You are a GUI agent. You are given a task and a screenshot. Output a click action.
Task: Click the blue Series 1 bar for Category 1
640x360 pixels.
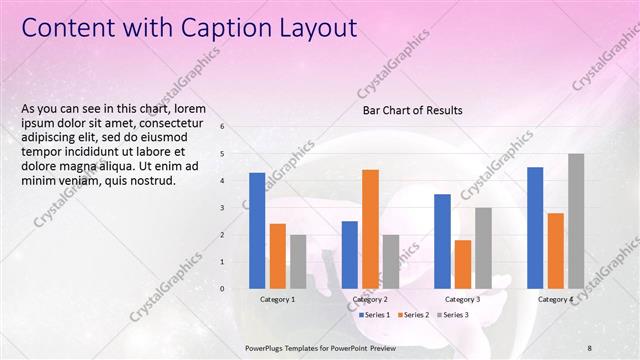pyautogui.click(x=257, y=230)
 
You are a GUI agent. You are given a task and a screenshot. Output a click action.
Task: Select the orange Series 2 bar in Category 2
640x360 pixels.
pyautogui.click(x=370, y=228)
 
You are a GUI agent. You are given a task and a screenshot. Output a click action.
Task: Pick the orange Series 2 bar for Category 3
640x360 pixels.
pyautogui.click(x=463, y=263)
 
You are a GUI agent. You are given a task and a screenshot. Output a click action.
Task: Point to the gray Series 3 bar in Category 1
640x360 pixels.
pyautogui.click(x=298, y=261)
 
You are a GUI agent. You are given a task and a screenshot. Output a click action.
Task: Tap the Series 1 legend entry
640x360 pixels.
pyautogui.click(x=376, y=315)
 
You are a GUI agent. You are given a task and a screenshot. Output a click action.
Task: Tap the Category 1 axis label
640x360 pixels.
pyautogui.click(x=277, y=299)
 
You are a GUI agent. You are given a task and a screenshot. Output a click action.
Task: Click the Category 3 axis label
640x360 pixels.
pyautogui.click(x=462, y=299)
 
